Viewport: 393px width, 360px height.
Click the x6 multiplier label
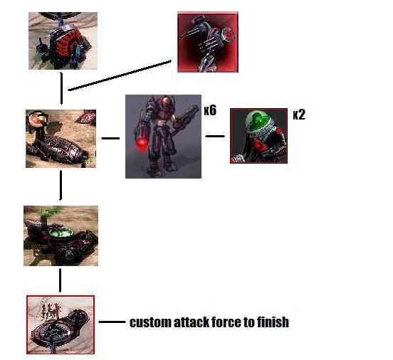[210, 110]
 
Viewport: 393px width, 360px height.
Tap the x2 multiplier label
[299, 115]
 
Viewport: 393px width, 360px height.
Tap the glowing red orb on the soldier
[142, 144]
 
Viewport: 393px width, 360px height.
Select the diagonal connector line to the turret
[120, 75]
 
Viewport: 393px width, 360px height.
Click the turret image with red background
[208, 42]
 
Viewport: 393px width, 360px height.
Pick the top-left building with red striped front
[63, 41]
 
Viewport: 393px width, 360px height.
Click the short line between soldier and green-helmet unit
[215, 137]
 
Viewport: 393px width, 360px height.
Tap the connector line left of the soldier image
[110, 138]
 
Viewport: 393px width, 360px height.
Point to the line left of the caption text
[112, 322]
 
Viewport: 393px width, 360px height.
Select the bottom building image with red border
[61, 324]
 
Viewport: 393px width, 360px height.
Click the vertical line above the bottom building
[60, 280]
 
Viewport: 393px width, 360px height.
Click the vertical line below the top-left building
[62, 88]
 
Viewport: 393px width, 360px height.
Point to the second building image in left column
[61, 139]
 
